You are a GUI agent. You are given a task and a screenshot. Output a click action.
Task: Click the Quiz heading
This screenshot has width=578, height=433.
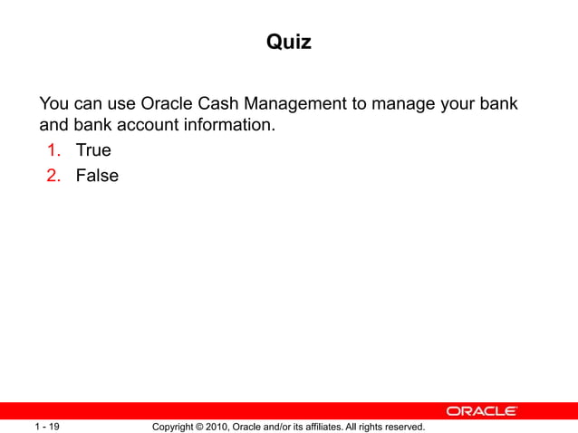click(x=289, y=42)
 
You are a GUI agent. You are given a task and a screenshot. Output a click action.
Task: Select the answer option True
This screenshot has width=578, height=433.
click(x=93, y=150)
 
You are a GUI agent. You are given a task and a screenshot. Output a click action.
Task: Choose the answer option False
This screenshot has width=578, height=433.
click(x=97, y=176)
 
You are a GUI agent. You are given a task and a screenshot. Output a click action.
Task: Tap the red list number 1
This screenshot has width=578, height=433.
click(x=56, y=150)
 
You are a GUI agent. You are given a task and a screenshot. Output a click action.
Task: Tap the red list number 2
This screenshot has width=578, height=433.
click(x=56, y=176)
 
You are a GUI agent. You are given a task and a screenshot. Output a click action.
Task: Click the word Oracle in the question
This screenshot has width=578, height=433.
click(x=169, y=103)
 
